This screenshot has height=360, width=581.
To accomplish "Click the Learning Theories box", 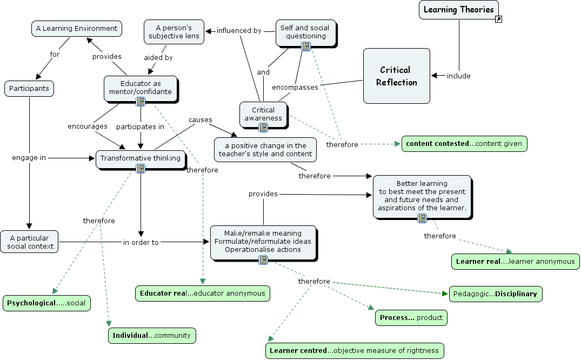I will [x=458, y=9].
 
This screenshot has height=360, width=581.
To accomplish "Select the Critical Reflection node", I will [x=396, y=76].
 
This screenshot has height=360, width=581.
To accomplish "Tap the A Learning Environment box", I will [x=76, y=28].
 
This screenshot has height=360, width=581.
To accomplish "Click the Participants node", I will [x=29, y=88].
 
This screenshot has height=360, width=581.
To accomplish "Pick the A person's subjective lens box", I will [x=174, y=32].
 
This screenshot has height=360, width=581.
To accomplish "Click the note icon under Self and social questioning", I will [x=306, y=46].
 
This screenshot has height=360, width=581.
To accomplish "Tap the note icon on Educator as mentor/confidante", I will [x=141, y=101].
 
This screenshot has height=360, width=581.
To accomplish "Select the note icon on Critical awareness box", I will [x=263, y=127].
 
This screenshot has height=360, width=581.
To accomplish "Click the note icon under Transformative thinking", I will [x=141, y=169].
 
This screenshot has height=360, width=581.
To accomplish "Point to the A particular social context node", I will [x=29, y=242].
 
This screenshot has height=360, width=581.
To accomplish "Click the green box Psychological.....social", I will [x=46, y=303].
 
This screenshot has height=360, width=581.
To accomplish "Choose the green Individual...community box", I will [x=151, y=335].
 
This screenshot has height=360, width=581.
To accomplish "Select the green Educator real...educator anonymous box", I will [x=202, y=293].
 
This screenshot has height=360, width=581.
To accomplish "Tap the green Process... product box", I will [x=411, y=317].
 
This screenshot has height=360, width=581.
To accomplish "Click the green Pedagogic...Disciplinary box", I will [x=495, y=294].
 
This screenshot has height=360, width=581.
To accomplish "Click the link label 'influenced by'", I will [x=239, y=30].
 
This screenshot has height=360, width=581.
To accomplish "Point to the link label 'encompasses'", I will [x=295, y=87].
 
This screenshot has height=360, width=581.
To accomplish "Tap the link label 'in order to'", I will [x=141, y=242].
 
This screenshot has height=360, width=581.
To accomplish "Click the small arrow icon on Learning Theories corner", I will [x=499, y=19].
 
